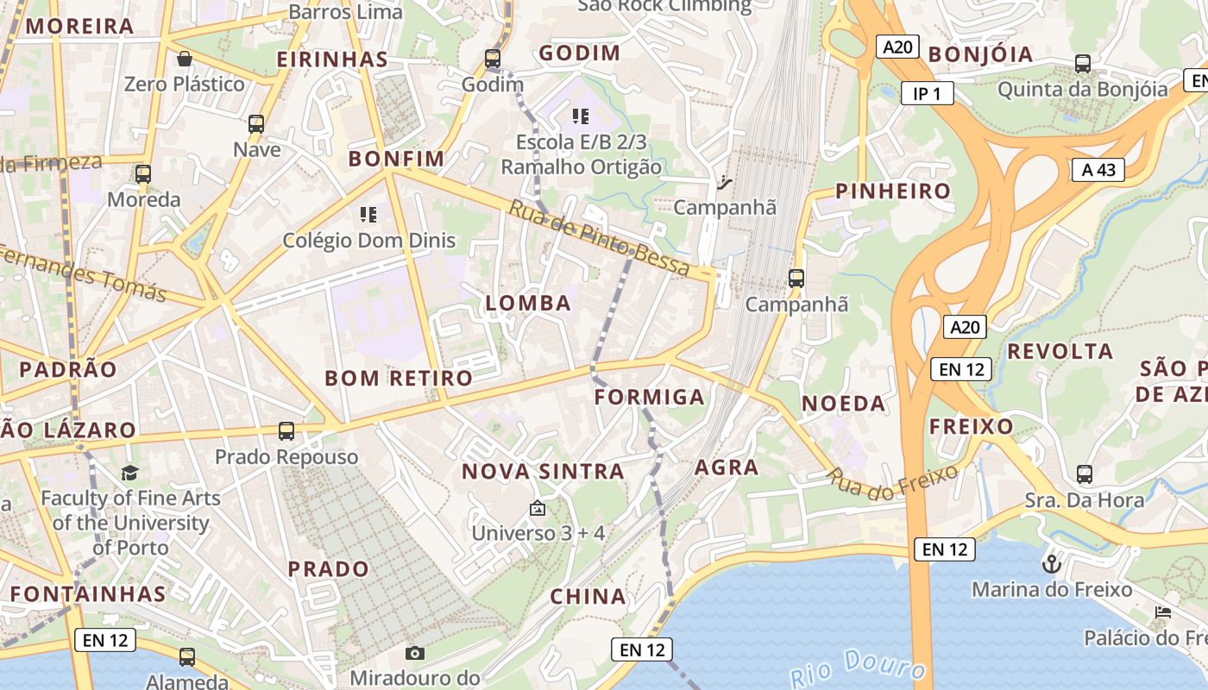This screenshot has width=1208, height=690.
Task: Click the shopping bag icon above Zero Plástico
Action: point(184,59)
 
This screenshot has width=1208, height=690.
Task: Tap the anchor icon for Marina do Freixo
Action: point(1051,564)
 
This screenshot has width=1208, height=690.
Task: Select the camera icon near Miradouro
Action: point(415,653)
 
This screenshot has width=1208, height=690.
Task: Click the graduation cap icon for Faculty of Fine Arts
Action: point(129,473)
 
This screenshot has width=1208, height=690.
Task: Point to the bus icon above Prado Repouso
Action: point(286,430)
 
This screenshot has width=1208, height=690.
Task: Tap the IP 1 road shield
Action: point(927,93)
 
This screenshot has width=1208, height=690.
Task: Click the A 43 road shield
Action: point(1098,170)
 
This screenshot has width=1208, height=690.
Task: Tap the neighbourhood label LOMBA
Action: point(528,304)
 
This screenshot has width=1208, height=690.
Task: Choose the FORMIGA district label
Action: point(650,398)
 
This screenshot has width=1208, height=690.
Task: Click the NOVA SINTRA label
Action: point(543,472)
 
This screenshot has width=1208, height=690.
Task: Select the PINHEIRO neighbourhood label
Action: point(892,191)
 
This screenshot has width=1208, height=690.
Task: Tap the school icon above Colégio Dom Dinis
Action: point(368,214)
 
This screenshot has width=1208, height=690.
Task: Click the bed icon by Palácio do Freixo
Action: point(1163,612)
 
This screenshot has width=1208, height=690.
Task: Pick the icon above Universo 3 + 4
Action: point(538,508)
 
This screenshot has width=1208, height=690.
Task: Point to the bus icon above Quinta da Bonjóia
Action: point(1082,63)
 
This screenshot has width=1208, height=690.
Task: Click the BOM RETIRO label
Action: point(399,379)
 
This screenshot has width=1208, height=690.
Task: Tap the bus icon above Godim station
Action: point(492,59)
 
